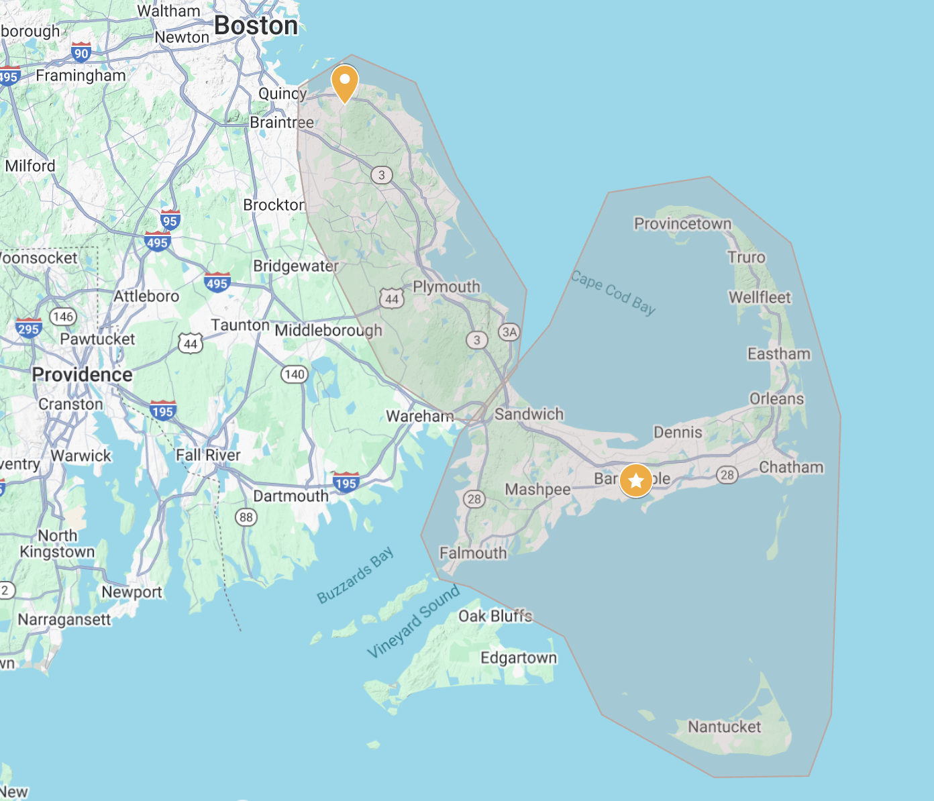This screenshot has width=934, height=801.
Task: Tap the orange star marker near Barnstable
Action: coord(635,480)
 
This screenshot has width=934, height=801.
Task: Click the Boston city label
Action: coord(256,25)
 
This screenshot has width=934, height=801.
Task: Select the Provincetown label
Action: coord(682,223)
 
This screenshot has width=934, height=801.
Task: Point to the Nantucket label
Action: coord(725,727)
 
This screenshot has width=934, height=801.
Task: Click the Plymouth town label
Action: coord(446,286)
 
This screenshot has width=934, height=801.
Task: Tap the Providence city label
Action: coord(82,374)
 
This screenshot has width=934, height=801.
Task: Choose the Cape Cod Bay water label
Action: coord(613,292)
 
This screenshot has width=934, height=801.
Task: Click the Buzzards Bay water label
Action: coord(355,575)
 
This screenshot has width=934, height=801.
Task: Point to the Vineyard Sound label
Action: coord(413,621)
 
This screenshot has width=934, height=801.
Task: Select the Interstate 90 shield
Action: coord(81,52)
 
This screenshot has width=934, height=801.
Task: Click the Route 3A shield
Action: coord(509,331)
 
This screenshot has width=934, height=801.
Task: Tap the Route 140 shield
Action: coord(295,374)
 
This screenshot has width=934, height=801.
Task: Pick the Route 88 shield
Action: coord(246,517)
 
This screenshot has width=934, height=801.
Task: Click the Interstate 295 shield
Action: coord(29,328)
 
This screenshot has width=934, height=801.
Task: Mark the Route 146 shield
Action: coord(63,316)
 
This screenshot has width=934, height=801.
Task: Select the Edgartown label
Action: coord(519,657)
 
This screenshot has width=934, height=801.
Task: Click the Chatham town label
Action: coord(791,467)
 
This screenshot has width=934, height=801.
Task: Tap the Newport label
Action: coord(132,592)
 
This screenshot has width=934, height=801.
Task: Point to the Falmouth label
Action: coord(473,553)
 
